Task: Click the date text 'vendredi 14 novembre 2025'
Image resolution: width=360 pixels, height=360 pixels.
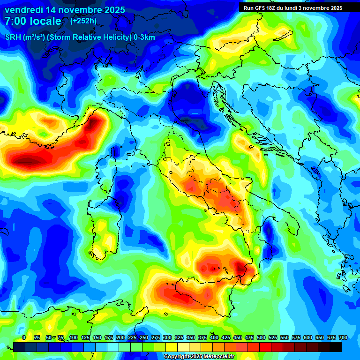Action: tap(65, 10)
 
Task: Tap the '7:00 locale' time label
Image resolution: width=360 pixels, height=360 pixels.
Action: tap(33, 21)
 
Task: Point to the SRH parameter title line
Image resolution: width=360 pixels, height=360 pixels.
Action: tap(80, 37)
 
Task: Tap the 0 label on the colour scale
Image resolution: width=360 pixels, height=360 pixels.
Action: tap(24, 337)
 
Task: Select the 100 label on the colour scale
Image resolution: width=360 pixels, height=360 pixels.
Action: tap(73, 337)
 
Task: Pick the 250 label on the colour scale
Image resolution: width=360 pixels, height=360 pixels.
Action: tap(144, 337)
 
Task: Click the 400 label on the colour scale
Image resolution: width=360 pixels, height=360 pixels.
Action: tap(214, 337)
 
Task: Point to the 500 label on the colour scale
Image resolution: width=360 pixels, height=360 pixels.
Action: tap(261, 337)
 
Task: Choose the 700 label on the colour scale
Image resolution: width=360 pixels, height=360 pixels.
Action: tap(343, 337)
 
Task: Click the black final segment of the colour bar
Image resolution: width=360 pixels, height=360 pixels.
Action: tap(335, 347)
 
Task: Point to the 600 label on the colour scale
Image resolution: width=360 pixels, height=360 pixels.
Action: tap(308, 337)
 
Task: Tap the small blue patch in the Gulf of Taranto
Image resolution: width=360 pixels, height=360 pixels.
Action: tap(268, 231)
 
